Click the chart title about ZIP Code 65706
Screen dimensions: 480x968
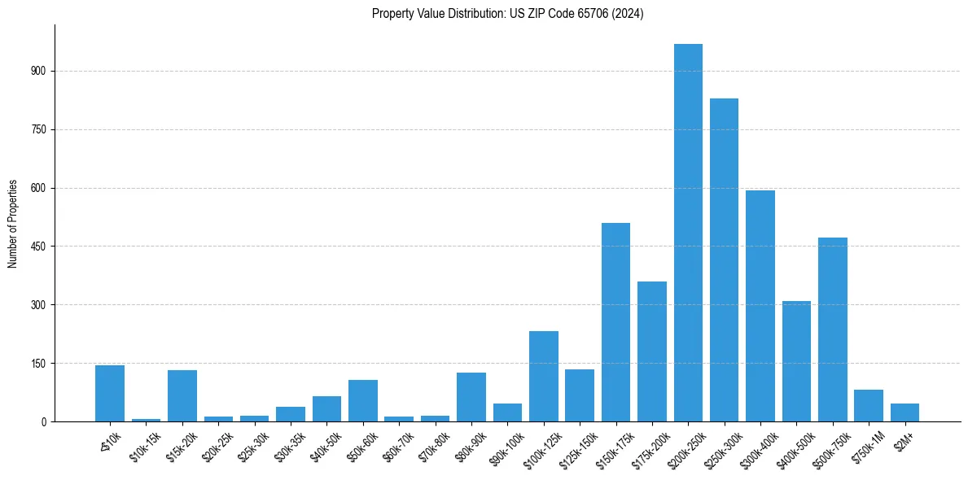507,14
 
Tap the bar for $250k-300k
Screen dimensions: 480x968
724,260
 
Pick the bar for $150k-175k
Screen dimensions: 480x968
615,322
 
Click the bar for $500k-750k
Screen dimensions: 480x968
832,329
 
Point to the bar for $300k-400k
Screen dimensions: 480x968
760,306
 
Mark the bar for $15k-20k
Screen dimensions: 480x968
182,395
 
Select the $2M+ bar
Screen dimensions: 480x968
904,412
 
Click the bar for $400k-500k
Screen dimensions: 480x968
796,361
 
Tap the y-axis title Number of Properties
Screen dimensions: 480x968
13,224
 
